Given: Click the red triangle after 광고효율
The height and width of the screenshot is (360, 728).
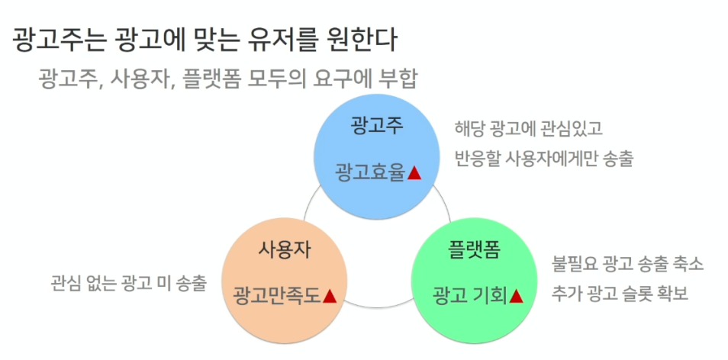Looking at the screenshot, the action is click(414, 173).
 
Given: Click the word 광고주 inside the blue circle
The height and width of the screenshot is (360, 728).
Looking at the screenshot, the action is click(377, 124).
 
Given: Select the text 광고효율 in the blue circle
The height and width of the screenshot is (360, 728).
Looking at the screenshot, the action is click(369, 173).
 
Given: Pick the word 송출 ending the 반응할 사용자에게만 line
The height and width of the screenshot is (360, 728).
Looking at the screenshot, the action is click(617, 159).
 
